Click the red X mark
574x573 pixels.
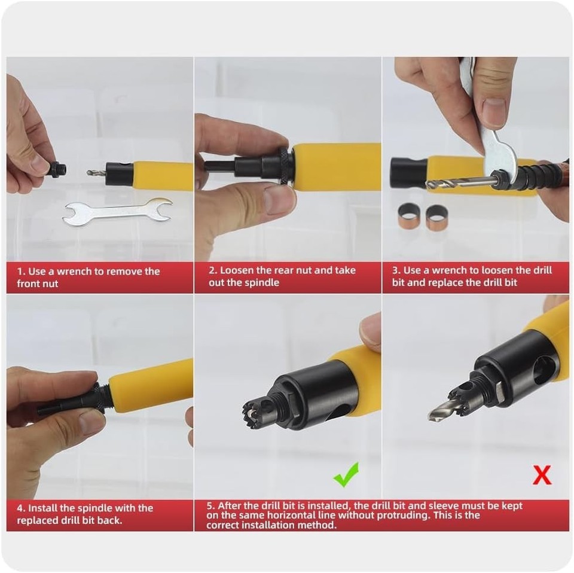click(541, 476)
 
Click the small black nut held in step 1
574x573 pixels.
click(58, 169)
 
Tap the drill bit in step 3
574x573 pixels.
click(457, 182)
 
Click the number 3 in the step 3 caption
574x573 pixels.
click(395, 271)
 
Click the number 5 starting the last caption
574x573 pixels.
click(210, 506)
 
